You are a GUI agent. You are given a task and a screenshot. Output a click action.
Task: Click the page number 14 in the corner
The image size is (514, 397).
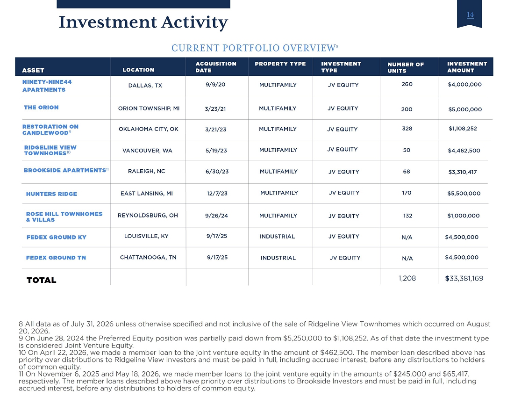click(x=470, y=15)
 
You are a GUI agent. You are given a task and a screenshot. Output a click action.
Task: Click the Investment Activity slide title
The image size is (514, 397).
click(x=143, y=22)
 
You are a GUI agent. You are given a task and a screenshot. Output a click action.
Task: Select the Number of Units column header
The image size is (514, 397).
click(x=406, y=68)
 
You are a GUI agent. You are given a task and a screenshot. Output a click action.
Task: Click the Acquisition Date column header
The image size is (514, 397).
click(x=216, y=67)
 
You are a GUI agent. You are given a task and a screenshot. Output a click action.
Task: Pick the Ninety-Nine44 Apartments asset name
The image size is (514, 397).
click(x=47, y=86)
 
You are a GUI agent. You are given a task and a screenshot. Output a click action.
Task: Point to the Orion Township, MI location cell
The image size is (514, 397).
click(x=149, y=108)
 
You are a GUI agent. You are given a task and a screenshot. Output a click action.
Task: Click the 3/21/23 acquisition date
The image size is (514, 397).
click(x=216, y=129)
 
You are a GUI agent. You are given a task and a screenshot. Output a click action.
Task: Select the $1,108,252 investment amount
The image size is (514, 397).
click(x=463, y=129)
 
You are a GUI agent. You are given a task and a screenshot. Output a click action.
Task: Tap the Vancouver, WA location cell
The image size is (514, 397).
click(x=147, y=151)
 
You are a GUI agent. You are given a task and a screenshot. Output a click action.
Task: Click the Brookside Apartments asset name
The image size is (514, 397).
click(x=65, y=170)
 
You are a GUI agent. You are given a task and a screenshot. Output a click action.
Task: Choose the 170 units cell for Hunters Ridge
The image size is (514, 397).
click(x=407, y=193)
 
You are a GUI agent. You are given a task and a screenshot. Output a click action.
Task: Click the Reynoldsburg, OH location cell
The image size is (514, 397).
click(x=148, y=215)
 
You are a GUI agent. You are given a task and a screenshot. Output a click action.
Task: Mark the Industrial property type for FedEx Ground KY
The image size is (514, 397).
click(x=277, y=236)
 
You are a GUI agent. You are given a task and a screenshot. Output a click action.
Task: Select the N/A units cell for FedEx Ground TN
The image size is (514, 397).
click(x=407, y=258)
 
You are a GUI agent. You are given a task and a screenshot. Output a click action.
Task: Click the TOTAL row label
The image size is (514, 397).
click(x=41, y=280)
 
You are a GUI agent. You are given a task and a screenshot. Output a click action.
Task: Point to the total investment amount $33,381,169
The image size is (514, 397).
click(x=464, y=279)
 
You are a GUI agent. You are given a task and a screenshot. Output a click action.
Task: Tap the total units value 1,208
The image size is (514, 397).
click(x=407, y=278)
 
